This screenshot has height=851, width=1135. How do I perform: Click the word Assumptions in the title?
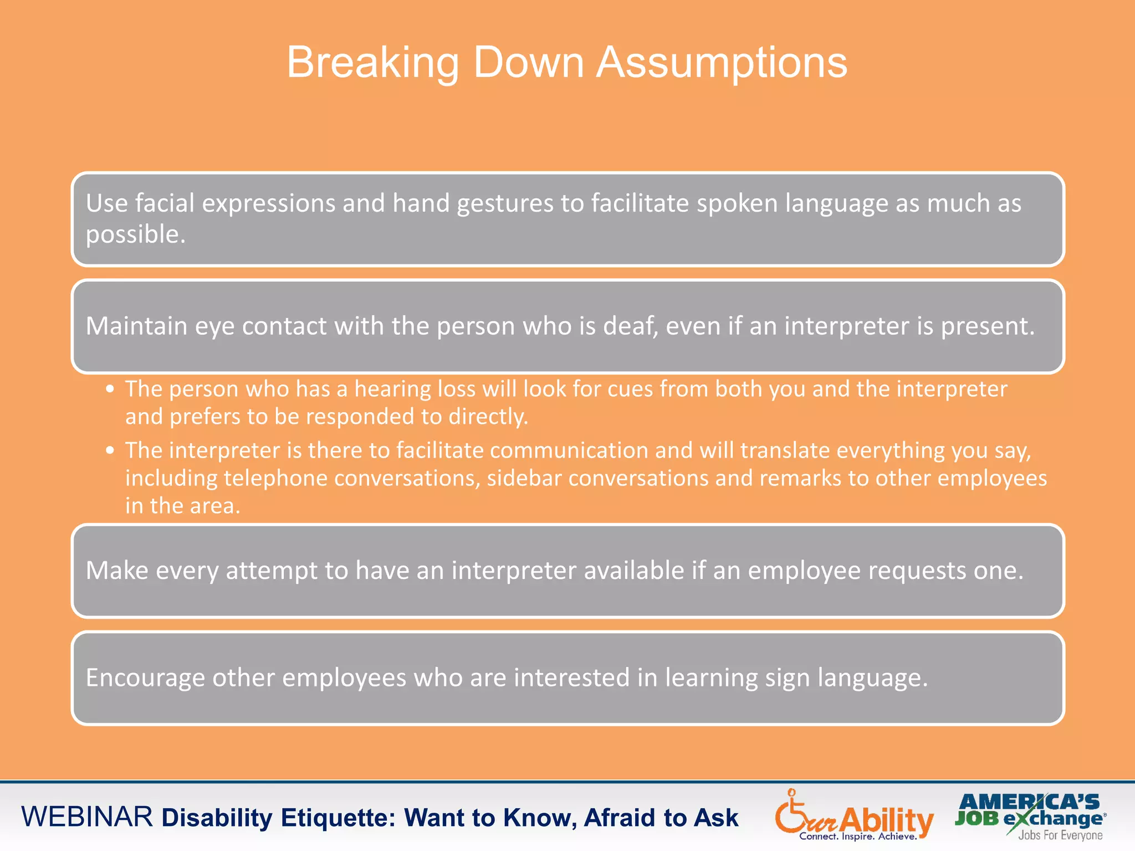tap(722, 63)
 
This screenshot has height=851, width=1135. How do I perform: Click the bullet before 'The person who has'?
tap(110, 389)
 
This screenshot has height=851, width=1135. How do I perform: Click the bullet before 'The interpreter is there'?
tap(110, 450)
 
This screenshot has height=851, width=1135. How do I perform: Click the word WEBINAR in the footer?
tap(86, 817)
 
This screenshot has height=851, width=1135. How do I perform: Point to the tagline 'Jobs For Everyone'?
tap(1060, 835)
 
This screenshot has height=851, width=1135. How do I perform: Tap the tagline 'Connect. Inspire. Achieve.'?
tap(858, 837)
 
